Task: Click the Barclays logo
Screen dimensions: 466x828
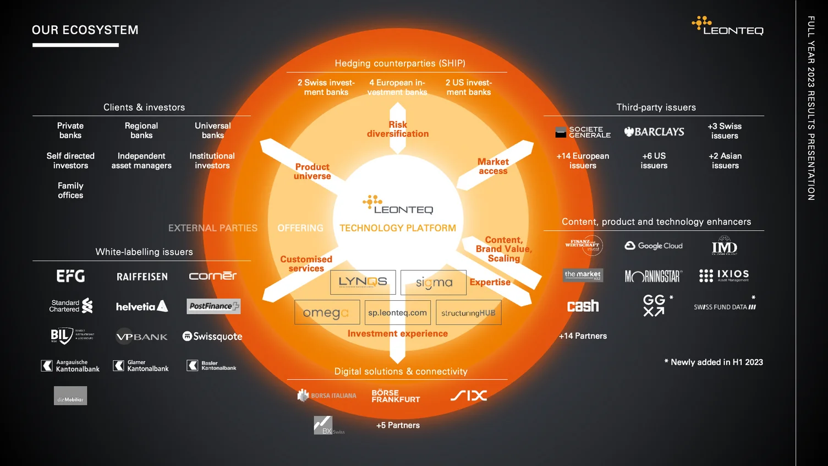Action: [654, 132]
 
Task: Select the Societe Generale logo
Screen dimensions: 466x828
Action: [583, 132]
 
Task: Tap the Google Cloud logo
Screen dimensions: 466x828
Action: [654, 246]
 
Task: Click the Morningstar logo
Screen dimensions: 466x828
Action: [654, 276]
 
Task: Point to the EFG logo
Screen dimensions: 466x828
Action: [70, 276]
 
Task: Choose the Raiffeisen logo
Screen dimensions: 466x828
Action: [142, 277]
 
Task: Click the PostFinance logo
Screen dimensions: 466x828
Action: [213, 306]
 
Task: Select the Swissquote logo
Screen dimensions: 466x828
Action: [212, 336]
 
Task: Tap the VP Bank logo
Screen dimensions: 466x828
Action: [141, 336]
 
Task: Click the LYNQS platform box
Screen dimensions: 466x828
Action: [363, 282]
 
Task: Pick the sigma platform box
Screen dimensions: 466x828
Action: [434, 283]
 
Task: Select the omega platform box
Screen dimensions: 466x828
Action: [327, 312]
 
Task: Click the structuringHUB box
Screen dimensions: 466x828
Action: [468, 312]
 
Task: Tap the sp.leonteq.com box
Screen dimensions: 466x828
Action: [397, 312]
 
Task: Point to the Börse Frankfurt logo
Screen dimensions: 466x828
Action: [396, 396]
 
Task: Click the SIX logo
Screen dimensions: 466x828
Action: [469, 395]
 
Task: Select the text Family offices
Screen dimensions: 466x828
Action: [70, 191]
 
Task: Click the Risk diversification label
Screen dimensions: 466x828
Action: [398, 129]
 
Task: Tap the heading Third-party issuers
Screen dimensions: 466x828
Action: [656, 107]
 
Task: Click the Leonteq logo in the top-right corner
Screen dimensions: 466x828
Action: [727, 26]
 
